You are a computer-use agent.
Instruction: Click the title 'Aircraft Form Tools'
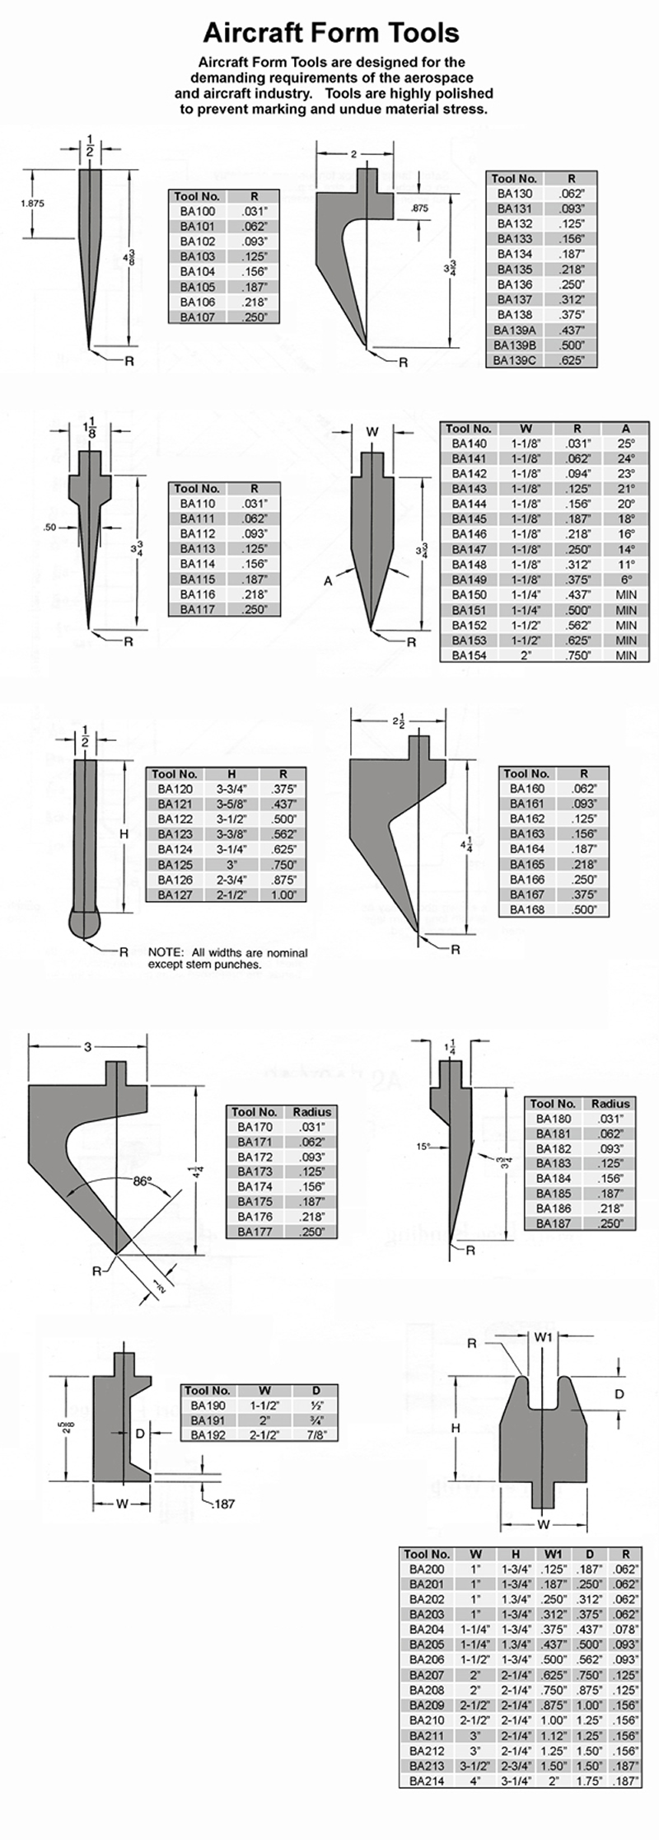pyautogui.click(x=331, y=32)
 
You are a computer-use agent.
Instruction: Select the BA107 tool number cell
pyautogui.click(x=198, y=317)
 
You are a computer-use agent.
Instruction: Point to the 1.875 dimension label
pyautogui.click(x=33, y=204)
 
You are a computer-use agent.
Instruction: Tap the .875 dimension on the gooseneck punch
pyautogui.click(x=419, y=209)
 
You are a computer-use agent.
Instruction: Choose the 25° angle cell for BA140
pyautogui.click(x=626, y=444)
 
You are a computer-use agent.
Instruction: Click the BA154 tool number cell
pyautogui.click(x=470, y=655)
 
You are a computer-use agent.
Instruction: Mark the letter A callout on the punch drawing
pyautogui.click(x=328, y=580)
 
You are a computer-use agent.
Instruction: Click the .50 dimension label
pyautogui.click(x=50, y=528)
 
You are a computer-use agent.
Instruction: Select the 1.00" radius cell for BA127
pyautogui.click(x=283, y=894)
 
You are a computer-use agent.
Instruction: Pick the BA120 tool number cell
pyautogui.click(x=175, y=789)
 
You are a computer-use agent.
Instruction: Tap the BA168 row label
pyautogui.click(x=527, y=909)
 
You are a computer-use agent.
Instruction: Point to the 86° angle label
pyautogui.click(x=144, y=1181)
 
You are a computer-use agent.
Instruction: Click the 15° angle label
pyautogui.click(x=423, y=1146)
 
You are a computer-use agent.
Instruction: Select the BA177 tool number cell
pyautogui.click(x=255, y=1232)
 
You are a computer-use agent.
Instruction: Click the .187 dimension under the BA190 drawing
pyautogui.click(x=224, y=1503)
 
